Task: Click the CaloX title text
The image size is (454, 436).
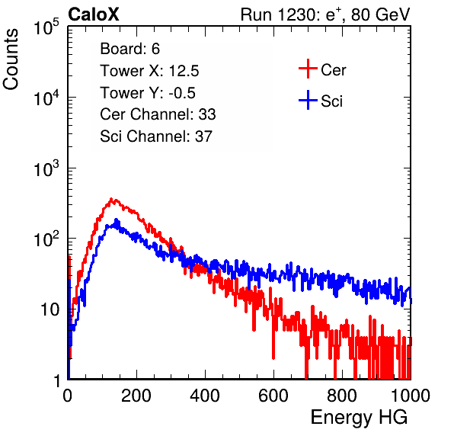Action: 93,14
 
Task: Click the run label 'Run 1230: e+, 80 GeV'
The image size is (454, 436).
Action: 325,14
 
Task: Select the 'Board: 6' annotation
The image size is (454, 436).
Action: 129,49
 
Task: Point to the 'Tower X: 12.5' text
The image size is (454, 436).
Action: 149,71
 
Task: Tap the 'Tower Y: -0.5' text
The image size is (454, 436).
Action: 148,93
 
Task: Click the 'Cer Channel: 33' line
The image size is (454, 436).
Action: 158,114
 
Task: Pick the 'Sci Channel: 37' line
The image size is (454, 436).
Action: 156,136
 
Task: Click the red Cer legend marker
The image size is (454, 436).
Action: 308,69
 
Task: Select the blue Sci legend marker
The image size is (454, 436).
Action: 308,100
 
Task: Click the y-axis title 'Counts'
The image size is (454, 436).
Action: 11,59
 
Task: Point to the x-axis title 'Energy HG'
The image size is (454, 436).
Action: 359,418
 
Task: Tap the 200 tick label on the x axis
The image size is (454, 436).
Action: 136,396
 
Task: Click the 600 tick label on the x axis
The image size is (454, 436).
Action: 273,396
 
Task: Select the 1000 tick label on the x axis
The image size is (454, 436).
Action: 411,396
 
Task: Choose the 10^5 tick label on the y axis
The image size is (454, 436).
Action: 46,27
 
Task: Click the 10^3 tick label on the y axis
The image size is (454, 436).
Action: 46,168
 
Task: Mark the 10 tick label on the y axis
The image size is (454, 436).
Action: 50,309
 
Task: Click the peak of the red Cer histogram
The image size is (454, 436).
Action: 111,199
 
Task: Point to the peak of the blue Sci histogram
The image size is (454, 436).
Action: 117,220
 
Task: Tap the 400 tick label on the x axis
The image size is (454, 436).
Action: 205,396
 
